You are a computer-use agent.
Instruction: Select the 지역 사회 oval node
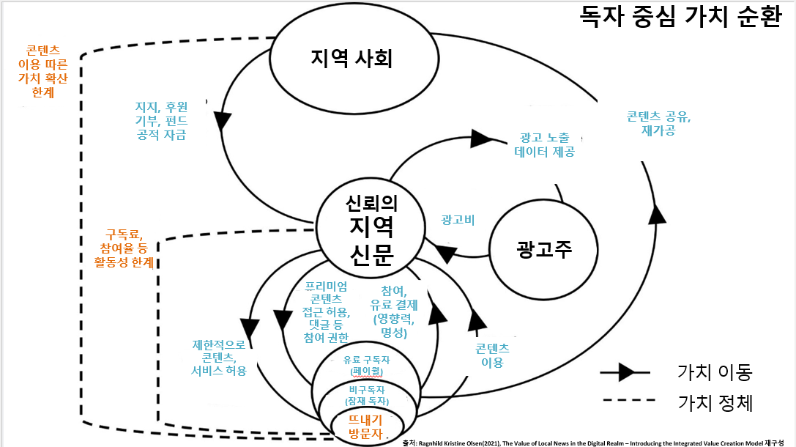(x=351, y=59)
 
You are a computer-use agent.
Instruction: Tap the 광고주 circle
(x=543, y=249)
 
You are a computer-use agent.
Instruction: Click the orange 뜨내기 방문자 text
(x=365, y=426)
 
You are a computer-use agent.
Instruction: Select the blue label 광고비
(x=458, y=219)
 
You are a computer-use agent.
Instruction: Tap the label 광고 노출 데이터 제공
(x=544, y=145)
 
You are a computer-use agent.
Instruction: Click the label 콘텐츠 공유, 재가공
(x=658, y=123)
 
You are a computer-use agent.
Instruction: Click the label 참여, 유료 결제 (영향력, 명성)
(x=395, y=311)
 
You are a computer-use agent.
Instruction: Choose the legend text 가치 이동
(x=714, y=372)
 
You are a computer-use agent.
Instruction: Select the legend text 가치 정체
(x=714, y=402)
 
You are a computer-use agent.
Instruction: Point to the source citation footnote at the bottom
(x=598, y=442)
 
